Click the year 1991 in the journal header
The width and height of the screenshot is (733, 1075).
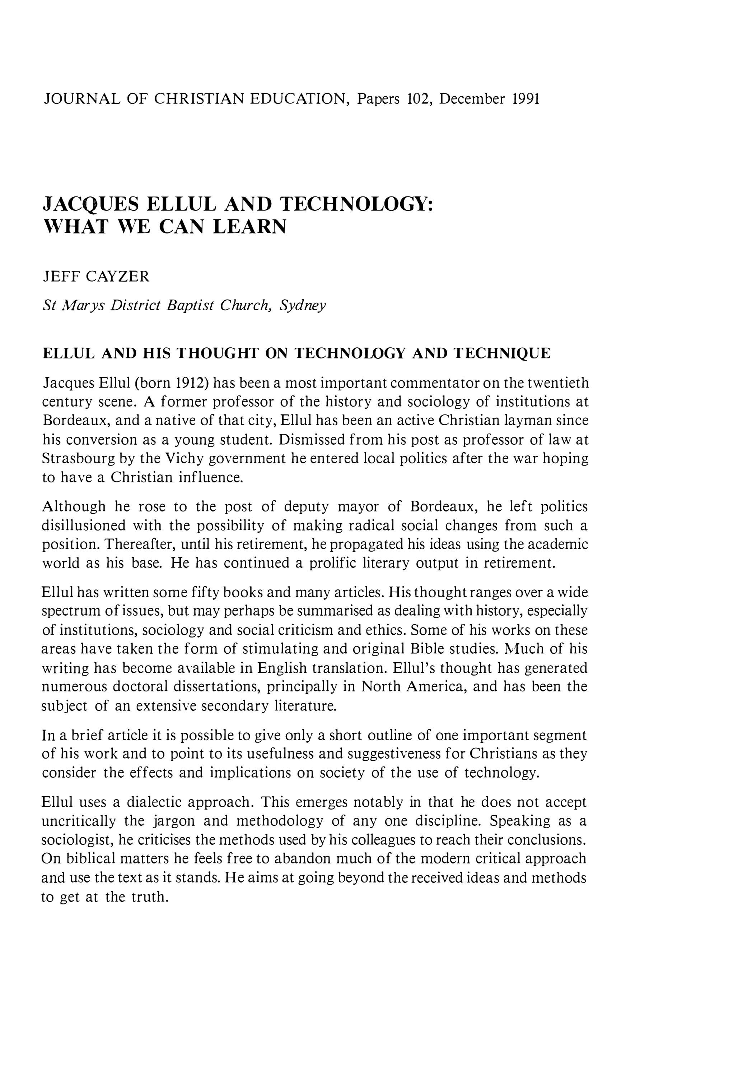point(526,99)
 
